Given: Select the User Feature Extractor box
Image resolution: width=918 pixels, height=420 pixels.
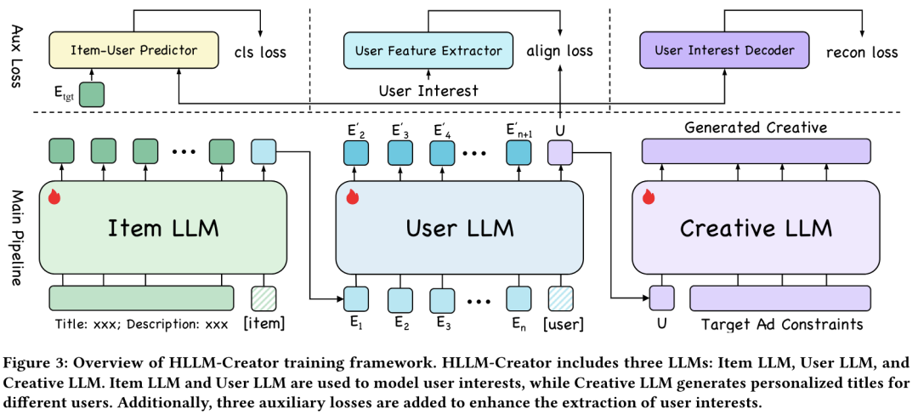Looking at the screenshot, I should tap(428, 50).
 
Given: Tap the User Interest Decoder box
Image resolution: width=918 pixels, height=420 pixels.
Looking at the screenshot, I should tap(724, 50).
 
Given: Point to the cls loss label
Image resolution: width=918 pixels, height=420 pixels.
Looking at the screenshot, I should tap(260, 52).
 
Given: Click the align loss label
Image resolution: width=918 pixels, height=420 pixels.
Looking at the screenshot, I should tap(559, 51).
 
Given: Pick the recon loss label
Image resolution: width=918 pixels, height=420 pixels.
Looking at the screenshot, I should tap(861, 52).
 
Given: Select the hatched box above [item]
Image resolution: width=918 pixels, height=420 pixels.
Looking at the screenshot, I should tap(263, 298).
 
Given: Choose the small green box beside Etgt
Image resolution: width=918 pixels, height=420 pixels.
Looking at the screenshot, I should tap(91, 94).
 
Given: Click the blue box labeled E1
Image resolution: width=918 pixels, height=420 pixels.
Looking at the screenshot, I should tap(355, 298).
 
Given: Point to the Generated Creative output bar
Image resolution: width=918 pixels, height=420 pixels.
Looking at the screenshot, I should tap(756, 151).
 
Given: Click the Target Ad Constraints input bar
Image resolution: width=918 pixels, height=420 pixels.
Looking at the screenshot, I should tap(779, 298).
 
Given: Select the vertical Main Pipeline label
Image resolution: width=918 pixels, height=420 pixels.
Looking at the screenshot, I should tap(14, 228).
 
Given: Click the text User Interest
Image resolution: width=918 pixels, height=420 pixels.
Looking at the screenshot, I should tap(428, 89).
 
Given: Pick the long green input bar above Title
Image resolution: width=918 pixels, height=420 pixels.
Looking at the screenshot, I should tap(141, 298).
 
